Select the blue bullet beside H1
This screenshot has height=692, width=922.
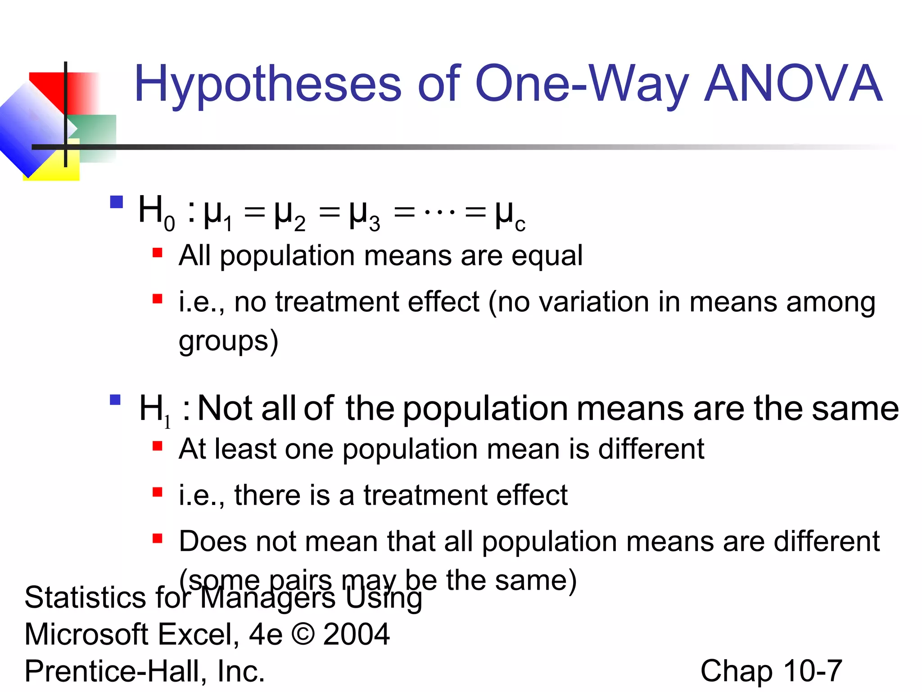pyautogui.click(x=115, y=400)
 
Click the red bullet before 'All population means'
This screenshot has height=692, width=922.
pyautogui.click(x=157, y=252)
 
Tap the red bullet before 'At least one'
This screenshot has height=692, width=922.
pyautogui.click(x=157, y=446)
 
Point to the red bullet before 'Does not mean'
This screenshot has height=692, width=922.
pyautogui.click(x=157, y=538)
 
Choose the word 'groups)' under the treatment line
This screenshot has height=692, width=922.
pyautogui.click(x=228, y=341)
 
